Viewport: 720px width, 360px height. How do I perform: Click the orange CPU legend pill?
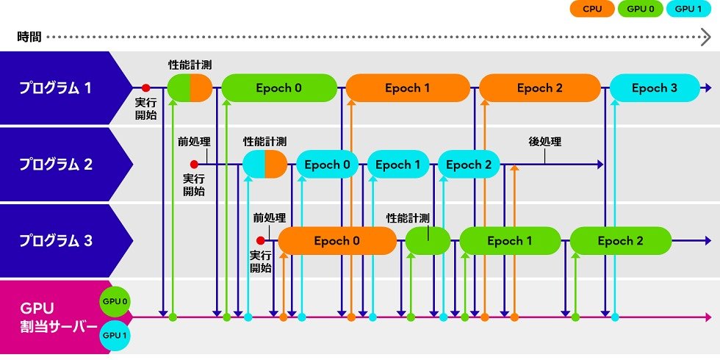(591, 10)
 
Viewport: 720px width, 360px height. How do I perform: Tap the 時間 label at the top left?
(28, 36)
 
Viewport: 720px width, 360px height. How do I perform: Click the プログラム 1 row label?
(56, 88)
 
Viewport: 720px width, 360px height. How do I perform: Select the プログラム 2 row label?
(56, 165)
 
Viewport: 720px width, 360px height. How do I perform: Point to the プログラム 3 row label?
(56, 240)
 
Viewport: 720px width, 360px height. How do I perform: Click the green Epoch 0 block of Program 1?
(278, 88)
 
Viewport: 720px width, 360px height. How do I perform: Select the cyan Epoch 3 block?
(654, 88)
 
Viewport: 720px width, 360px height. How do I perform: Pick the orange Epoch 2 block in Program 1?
(539, 88)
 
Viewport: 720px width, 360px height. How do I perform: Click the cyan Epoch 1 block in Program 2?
(397, 165)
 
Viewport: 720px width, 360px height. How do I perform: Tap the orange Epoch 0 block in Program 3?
(336, 240)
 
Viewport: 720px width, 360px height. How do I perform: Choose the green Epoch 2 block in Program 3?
(620, 240)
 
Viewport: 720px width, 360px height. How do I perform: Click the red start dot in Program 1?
(145, 88)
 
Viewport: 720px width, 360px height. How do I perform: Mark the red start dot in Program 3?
(259, 240)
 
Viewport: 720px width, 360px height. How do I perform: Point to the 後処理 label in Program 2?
(544, 141)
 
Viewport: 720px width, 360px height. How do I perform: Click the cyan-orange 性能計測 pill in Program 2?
(264, 165)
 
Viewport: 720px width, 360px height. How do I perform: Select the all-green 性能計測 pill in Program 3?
(428, 240)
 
